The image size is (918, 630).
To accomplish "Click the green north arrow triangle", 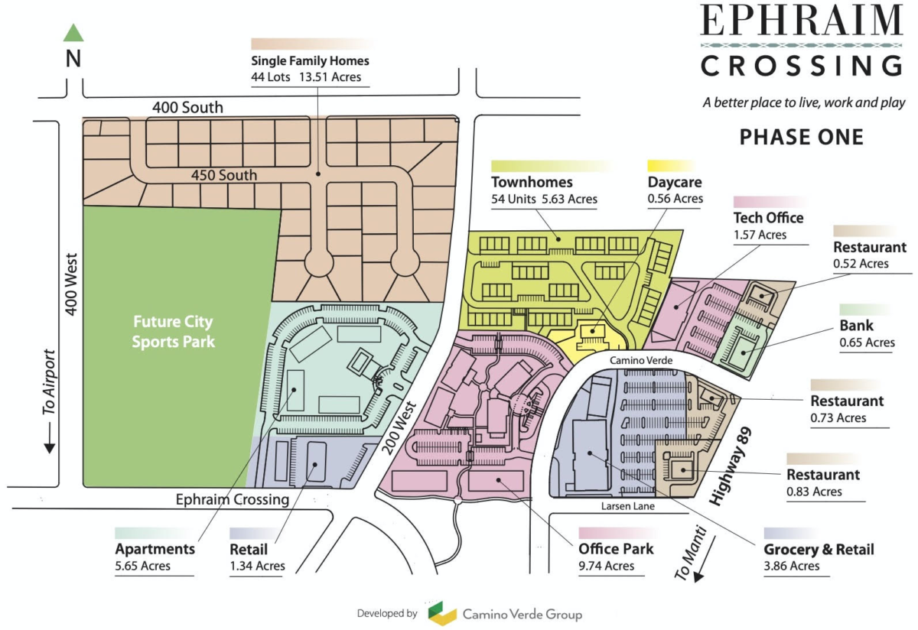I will pyautogui.click(x=73, y=33).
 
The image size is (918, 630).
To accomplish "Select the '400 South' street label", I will pyautogui.click(x=187, y=108).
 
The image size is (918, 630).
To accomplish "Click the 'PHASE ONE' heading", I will pyautogui.click(x=801, y=138).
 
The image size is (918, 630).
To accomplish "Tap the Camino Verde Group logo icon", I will pyautogui.click(x=441, y=613).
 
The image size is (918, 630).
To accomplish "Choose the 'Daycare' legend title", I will pyautogui.click(x=675, y=183).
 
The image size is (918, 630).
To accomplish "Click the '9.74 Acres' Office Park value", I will pyautogui.click(x=607, y=566).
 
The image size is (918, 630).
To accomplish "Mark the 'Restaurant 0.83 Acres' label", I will pyautogui.click(x=823, y=482).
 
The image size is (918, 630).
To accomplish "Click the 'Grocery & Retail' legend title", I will pyautogui.click(x=819, y=549).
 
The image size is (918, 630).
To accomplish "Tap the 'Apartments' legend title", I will pyautogui.click(x=155, y=549).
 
